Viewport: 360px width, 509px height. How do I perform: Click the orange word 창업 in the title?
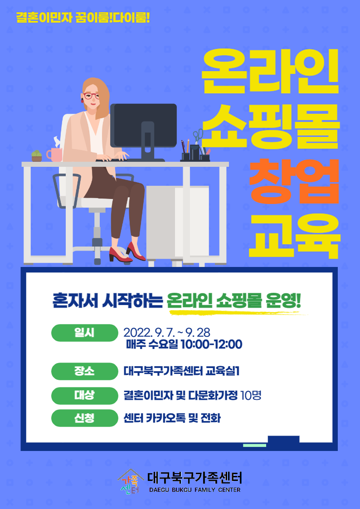coord(294,181)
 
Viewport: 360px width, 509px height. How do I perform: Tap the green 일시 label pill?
coord(84,333)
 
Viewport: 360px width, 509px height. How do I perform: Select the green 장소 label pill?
coord(84,371)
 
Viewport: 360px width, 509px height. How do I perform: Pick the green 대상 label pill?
coord(84,395)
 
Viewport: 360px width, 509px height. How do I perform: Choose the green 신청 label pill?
coord(84,418)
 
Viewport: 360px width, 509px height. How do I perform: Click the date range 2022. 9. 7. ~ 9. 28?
coord(167,333)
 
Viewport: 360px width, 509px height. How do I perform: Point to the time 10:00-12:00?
coord(211,344)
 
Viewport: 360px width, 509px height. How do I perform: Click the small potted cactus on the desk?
coord(37,156)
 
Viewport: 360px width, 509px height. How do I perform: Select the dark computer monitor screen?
coord(143,126)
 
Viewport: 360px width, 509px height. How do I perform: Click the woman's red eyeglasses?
coord(91,96)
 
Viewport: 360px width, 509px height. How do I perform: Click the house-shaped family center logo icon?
coord(130,481)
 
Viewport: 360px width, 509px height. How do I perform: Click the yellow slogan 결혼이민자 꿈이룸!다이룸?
coord(83,18)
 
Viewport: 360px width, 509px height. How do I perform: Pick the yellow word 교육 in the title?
coord(294,236)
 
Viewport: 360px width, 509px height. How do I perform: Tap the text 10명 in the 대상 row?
coord(251,395)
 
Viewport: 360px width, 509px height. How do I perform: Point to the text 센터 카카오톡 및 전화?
coord(172,418)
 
